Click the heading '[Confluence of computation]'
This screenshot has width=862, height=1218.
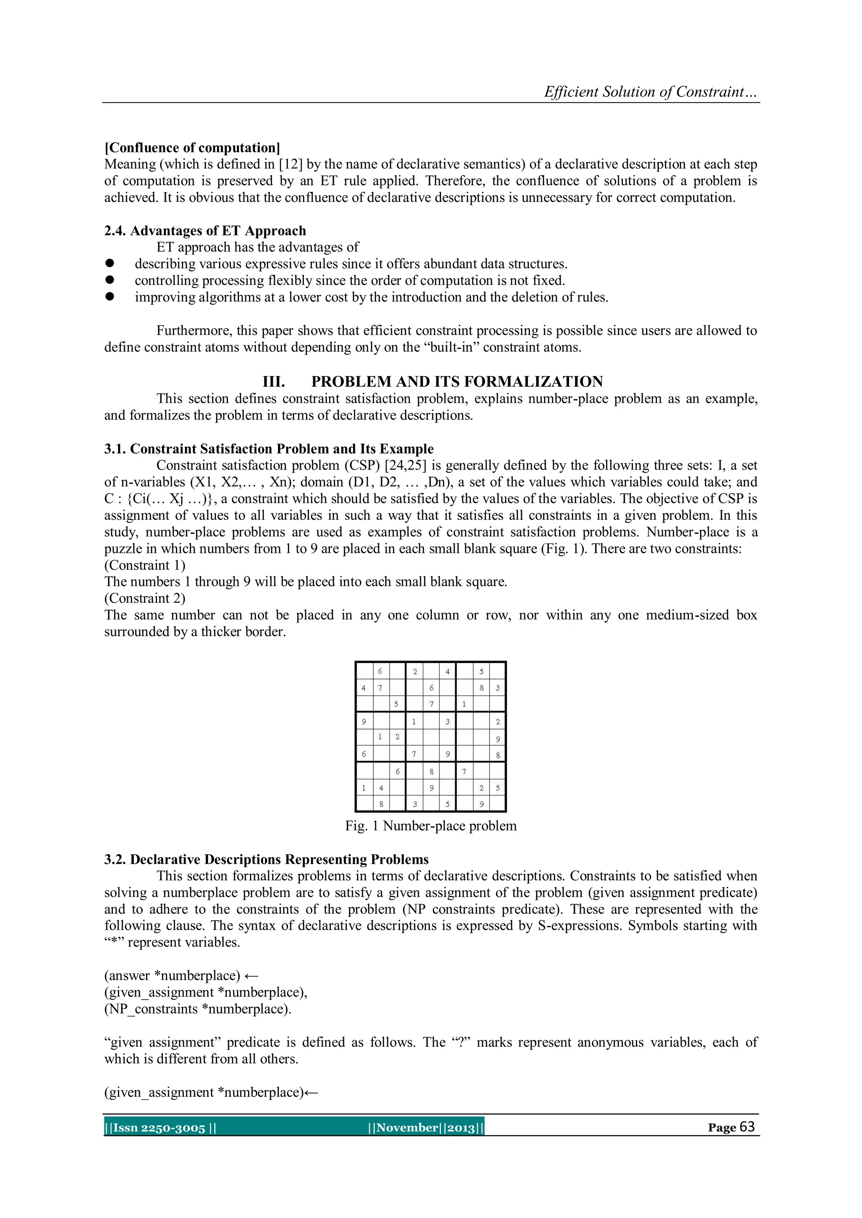tap(192, 148)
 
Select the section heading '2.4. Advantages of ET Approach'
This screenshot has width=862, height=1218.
tap(205, 231)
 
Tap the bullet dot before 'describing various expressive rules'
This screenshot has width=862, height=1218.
tap(110, 264)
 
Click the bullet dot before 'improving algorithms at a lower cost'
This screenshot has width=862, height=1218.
tap(110, 297)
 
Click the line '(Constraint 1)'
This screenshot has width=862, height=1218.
tap(145, 565)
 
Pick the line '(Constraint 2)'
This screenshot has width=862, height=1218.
tap(145, 598)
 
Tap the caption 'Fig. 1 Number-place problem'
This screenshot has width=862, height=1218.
tap(431, 826)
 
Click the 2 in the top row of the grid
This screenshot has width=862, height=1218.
tap(415, 671)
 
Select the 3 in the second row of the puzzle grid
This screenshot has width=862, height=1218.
tap(498, 688)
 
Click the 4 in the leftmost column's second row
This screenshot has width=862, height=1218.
tap(364, 688)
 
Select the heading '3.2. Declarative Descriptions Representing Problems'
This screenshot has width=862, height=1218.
tap(266, 860)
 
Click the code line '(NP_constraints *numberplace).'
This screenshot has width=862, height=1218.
tap(197, 1009)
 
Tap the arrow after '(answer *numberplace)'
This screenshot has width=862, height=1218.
tap(252, 976)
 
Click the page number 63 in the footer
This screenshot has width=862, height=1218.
tap(746, 1127)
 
